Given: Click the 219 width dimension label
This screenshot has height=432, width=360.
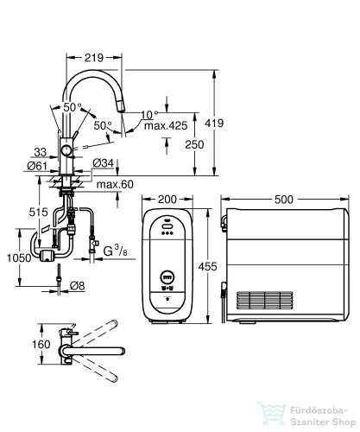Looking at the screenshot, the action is [x=94, y=58].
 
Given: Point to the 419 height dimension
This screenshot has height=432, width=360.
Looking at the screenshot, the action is [x=214, y=124].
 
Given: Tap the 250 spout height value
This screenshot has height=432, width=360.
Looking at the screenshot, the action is [x=194, y=144].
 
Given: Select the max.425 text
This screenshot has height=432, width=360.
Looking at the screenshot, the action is [x=166, y=126].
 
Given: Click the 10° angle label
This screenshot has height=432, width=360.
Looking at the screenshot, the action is [x=149, y=115].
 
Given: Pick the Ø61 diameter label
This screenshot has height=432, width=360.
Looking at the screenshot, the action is [x=37, y=166].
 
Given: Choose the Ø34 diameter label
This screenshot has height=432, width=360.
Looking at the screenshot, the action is [x=104, y=163].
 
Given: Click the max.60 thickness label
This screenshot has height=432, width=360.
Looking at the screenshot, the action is [x=115, y=184].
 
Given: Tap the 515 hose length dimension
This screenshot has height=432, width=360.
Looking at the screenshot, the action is [x=38, y=213].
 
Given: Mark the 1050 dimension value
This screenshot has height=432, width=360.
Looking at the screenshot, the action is [x=19, y=258].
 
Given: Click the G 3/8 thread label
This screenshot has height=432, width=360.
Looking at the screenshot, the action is [x=115, y=251].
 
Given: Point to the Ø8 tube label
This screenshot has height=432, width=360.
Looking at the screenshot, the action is [x=78, y=286].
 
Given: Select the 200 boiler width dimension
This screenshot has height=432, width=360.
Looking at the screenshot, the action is [x=167, y=200].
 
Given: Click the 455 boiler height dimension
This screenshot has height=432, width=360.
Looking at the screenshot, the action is [x=207, y=267].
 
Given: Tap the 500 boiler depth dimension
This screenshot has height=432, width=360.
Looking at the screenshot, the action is [x=284, y=200].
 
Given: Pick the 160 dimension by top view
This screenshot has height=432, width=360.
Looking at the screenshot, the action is [x=41, y=345].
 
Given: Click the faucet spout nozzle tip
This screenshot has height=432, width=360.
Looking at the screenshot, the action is [x=122, y=110].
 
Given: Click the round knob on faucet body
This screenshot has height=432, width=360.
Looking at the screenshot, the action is [x=66, y=150].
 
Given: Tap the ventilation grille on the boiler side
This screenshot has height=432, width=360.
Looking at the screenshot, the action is [x=265, y=300].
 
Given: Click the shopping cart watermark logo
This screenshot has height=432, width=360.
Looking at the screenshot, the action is [x=271, y=413].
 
